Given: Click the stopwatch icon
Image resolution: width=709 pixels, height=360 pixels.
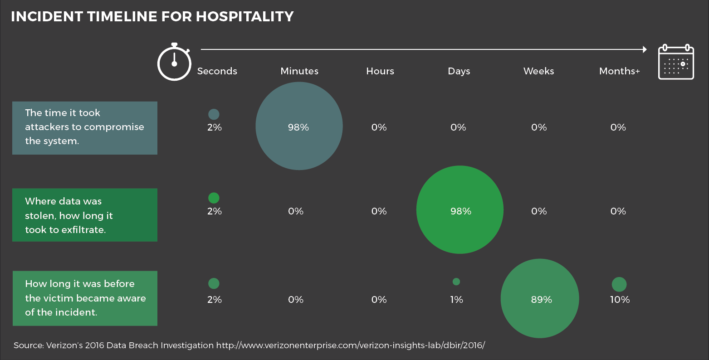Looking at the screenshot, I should (174, 63).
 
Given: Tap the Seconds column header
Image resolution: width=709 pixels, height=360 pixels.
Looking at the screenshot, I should (217, 71).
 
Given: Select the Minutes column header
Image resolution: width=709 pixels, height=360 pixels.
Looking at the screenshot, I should (299, 71).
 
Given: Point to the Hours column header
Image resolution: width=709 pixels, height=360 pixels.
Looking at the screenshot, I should (380, 71).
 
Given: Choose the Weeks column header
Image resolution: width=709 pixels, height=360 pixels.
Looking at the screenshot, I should (538, 71).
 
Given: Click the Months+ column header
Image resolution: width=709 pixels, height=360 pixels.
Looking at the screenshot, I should (619, 71).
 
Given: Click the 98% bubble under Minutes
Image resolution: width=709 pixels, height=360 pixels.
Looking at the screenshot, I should (299, 126).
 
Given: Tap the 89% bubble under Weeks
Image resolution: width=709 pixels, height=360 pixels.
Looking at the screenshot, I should (540, 298).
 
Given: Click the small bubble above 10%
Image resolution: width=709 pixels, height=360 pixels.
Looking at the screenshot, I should (619, 284).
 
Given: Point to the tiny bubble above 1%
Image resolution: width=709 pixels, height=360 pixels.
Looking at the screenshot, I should (456, 282).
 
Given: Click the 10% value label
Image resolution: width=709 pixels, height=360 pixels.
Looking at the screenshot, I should (620, 300).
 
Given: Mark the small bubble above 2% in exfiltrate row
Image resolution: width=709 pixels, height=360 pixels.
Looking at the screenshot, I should (214, 198).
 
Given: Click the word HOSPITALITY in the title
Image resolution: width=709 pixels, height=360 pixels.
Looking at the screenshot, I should (244, 17).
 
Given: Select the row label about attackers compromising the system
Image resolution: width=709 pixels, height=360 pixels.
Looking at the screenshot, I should (85, 127).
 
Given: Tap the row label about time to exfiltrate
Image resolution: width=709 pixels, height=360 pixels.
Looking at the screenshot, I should (85, 215).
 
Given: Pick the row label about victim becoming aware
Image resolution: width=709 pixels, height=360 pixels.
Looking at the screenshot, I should (85, 298).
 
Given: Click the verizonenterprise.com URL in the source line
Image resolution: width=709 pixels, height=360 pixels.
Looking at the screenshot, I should (350, 345).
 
